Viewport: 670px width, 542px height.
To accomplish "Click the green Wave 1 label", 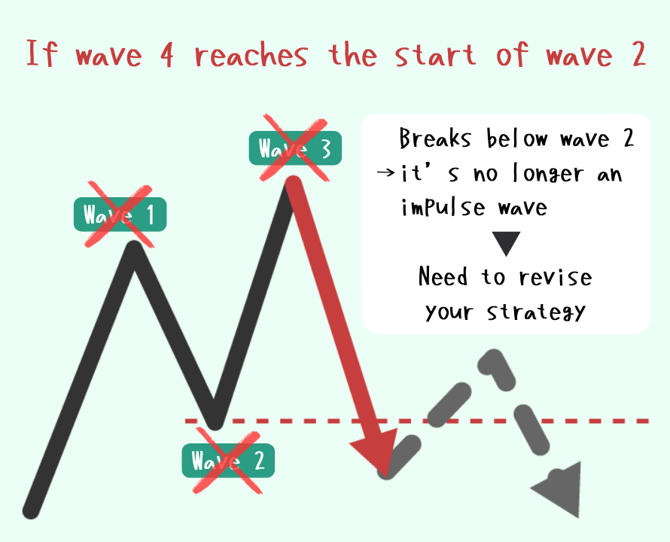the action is [120, 214].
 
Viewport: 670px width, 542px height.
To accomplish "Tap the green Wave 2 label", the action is [228, 461].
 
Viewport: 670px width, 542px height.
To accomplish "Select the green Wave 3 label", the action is [295, 148].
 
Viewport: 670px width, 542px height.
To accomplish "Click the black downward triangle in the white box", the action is [506, 244].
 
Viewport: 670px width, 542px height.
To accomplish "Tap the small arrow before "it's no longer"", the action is [385, 172].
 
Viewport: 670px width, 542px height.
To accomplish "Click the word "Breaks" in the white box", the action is [435, 138].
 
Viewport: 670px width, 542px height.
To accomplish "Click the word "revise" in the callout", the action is [556, 277].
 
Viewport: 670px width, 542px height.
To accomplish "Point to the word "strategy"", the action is [536, 312].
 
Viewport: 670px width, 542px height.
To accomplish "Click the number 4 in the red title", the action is [167, 56].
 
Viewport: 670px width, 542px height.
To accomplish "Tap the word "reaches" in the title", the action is [251, 55].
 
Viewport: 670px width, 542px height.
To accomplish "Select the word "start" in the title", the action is [435, 55].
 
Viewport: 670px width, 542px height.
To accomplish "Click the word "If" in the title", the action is [41, 53].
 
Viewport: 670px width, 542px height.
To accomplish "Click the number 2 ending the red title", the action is [638, 55].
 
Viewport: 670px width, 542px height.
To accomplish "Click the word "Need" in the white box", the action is [443, 276].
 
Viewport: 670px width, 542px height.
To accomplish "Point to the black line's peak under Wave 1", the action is [134, 247].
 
